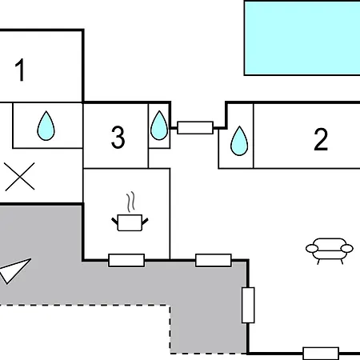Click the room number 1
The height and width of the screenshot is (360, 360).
(20, 70)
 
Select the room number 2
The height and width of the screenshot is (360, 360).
(321, 139)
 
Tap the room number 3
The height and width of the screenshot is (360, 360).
(118, 138)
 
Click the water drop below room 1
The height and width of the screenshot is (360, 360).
(46, 126)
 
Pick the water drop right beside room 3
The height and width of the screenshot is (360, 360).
(159, 126)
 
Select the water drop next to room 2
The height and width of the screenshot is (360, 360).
(239, 141)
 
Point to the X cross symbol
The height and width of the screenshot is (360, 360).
(20, 177)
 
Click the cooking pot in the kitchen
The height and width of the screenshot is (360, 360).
(130, 222)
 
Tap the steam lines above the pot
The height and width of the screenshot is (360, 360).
(130, 202)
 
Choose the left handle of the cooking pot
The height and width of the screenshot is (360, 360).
(114, 221)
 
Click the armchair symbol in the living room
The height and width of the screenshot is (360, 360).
(330, 250)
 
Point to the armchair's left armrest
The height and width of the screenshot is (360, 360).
(312, 249)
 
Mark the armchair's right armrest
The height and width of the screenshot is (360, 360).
(347, 249)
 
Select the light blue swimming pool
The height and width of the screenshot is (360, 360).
(302, 38)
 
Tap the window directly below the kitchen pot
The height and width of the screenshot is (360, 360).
(126, 260)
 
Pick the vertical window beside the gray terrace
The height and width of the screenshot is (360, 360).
(248, 305)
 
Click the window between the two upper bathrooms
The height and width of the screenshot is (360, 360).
(195, 128)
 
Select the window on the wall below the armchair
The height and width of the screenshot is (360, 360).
(321, 354)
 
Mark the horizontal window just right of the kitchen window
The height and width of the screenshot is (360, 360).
(214, 260)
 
